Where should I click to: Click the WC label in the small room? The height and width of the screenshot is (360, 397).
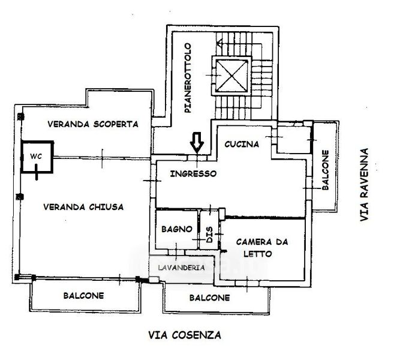[36, 157]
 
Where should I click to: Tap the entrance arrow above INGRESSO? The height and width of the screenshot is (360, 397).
[197, 143]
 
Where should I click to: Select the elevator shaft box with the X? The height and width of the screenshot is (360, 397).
[231, 76]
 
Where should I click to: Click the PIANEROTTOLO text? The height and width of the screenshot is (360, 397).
[188, 78]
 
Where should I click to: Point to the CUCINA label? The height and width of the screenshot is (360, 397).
[242, 144]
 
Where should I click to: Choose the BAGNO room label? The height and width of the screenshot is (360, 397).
[177, 229]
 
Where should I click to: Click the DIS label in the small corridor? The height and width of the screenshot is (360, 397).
[209, 235]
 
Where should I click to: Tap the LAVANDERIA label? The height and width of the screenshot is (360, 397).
[182, 268]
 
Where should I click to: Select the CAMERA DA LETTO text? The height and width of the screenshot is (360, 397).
[262, 248]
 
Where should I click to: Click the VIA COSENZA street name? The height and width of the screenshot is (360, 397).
[185, 335]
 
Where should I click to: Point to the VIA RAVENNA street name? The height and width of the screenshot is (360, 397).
[364, 185]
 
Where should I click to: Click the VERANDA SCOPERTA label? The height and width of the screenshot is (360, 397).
[93, 124]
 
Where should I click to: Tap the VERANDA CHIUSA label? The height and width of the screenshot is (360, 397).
[83, 207]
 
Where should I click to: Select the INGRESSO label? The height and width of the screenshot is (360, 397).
[194, 174]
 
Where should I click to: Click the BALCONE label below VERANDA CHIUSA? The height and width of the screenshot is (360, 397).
[83, 296]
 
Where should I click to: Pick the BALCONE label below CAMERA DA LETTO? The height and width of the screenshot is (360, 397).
[210, 298]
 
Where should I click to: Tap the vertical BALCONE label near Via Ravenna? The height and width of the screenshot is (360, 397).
[326, 170]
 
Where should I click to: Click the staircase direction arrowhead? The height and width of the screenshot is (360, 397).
[220, 43]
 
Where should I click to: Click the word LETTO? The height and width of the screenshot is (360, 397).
[258, 254]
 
